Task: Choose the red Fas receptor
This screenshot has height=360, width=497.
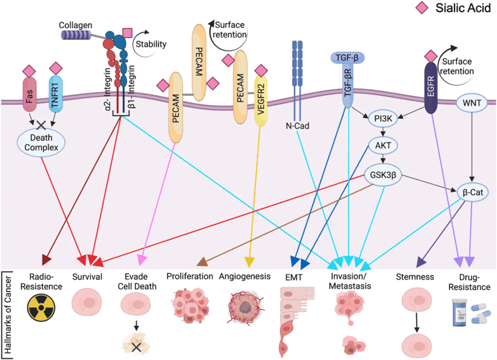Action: pyautogui.click(x=30, y=95)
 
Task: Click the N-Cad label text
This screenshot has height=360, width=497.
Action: pyautogui.click(x=297, y=126)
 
